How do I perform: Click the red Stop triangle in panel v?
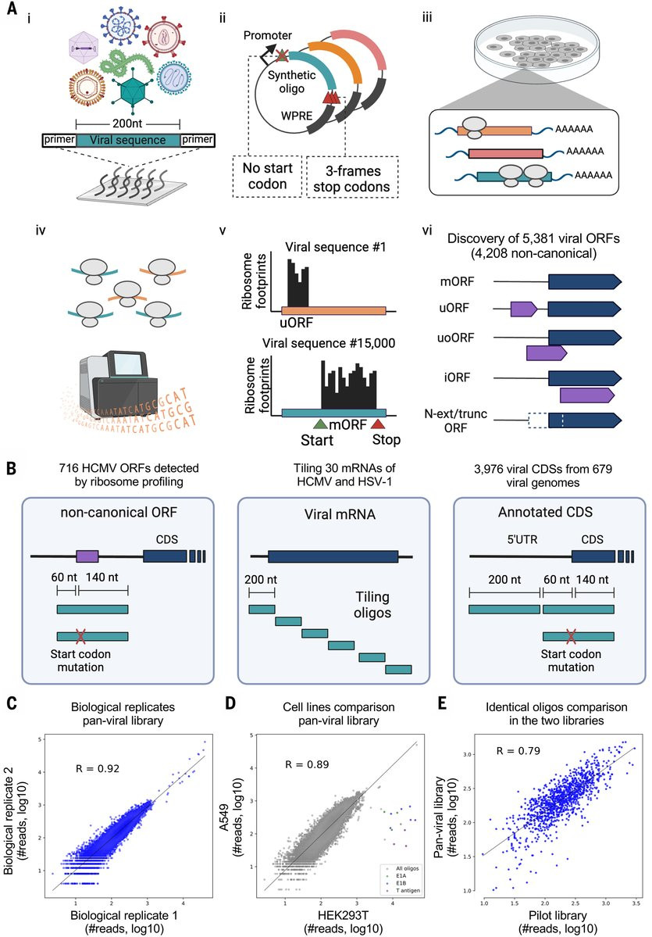[377, 424]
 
